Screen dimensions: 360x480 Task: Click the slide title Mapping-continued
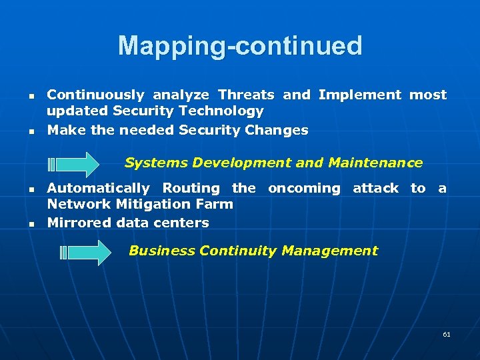tap(240, 46)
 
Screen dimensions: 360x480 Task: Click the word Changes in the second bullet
tap(277, 130)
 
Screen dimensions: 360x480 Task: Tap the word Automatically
tap(98, 189)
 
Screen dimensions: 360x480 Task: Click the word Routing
tap(191, 189)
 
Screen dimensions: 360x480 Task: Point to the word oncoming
tap(303, 189)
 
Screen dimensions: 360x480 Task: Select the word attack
tap(375, 189)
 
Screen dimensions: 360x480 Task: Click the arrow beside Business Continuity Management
tap(86, 253)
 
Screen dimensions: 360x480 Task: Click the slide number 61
tap(446, 334)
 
